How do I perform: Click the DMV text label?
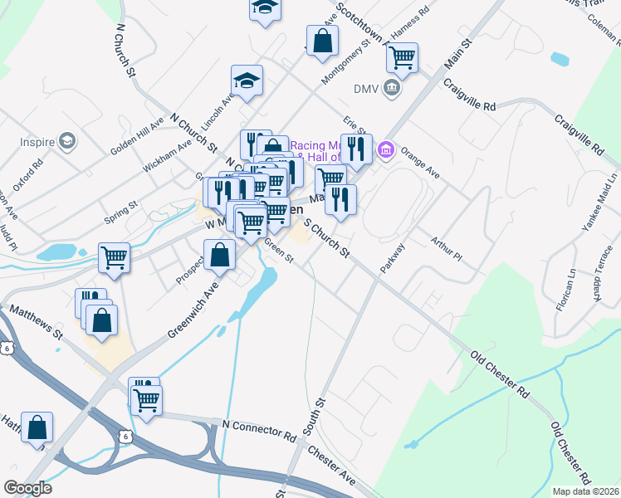pyautogui.click(x=366, y=88)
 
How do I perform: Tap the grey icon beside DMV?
pyautogui.click(x=393, y=88)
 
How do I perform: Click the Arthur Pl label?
pyautogui.click(x=446, y=249)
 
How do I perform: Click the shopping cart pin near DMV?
pyautogui.click(x=402, y=58)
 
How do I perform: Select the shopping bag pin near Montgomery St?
pyautogui.click(x=322, y=41)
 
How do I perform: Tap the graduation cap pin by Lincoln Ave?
pyautogui.click(x=247, y=81)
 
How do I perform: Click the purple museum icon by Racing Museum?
pyautogui.click(x=385, y=150)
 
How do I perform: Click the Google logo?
pyautogui.click(x=27, y=488)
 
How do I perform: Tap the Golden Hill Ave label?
pyautogui.click(x=137, y=142)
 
